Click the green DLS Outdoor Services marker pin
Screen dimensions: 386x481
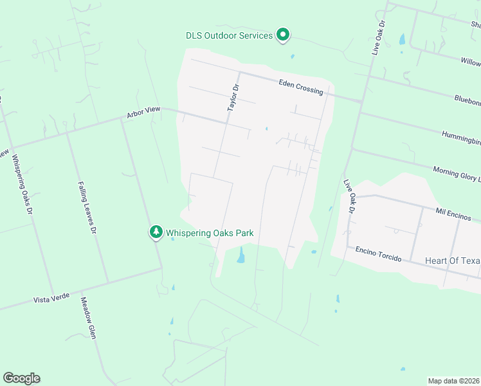click(x=282, y=35)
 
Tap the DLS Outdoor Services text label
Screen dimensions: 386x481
click(x=229, y=35)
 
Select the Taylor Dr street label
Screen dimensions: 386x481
click(x=233, y=98)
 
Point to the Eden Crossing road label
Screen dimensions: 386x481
click(x=300, y=87)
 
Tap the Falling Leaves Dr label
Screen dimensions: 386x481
click(x=87, y=207)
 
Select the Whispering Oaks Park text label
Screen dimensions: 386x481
click(x=210, y=233)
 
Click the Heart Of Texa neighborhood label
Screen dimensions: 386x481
click(x=453, y=261)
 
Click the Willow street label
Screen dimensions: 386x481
click(x=470, y=62)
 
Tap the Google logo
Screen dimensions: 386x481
click(x=21, y=378)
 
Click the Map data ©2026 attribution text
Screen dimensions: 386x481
click(x=453, y=381)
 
